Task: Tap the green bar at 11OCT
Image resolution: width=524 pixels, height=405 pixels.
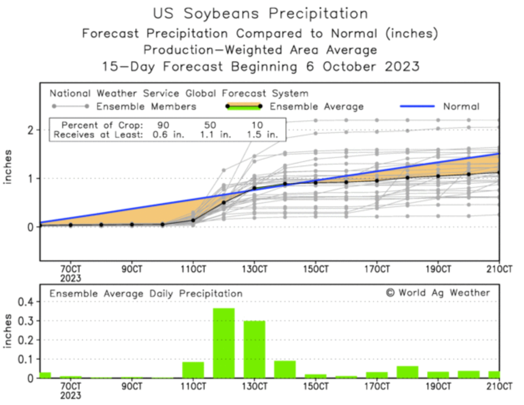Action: [x=193, y=370]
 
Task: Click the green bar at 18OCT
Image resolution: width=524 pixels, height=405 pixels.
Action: [x=407, y=372]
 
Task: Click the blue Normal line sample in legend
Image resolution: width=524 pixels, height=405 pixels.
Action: [x=417, y=106]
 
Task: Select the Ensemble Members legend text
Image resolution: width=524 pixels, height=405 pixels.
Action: [x=146, y=107]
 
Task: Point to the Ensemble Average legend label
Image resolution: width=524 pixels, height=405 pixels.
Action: [x=316, y=107]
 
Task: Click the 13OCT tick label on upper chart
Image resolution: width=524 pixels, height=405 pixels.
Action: [x=254, y=269]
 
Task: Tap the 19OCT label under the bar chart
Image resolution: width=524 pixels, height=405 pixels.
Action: [x=438, y=387]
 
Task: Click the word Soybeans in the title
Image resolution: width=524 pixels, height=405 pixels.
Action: [x=221, y=13]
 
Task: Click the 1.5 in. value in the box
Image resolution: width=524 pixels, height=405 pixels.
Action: [x=262, y=135]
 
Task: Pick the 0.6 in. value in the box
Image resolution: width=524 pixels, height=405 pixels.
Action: [x=168, y=135]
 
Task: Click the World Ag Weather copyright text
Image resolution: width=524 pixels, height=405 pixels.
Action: [x=438, y=293]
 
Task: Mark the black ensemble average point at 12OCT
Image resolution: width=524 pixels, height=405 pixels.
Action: [x=224, y=202]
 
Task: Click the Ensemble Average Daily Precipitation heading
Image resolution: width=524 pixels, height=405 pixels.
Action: [x=146, y=294]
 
